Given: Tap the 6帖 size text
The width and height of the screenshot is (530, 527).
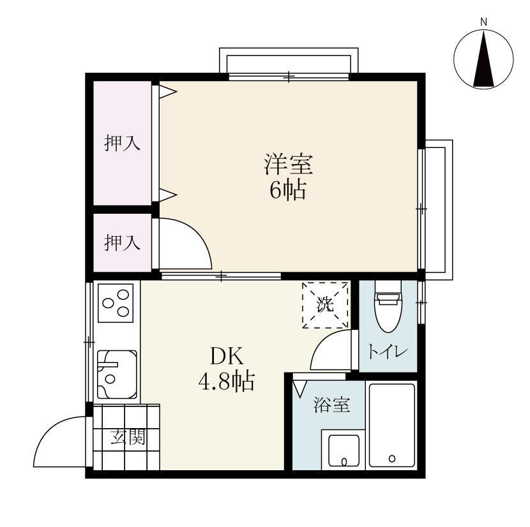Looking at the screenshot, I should (287, 189).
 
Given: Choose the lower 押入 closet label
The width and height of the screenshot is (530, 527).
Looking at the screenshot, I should (122, 242).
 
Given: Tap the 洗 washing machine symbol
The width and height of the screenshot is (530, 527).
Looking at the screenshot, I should (326, 305).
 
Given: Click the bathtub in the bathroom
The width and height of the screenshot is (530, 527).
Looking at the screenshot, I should (392, 426).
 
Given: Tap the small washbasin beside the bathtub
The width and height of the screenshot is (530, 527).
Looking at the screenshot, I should (344, 450).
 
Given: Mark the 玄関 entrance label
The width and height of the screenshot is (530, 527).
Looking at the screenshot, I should (127, 438).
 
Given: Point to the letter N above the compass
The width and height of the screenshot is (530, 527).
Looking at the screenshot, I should (483, 22).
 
